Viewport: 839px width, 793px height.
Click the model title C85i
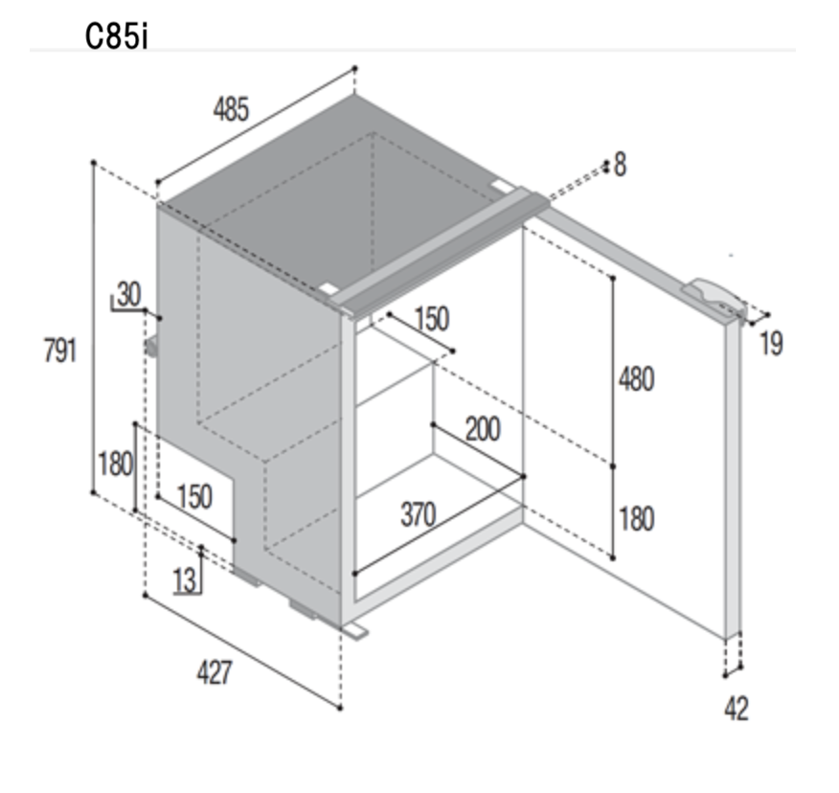116,37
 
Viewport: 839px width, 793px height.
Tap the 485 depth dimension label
231,110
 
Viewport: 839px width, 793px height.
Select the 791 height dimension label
60,351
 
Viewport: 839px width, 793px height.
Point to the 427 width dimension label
215,673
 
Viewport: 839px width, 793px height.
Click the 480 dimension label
636,380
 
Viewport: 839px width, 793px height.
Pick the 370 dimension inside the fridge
418,514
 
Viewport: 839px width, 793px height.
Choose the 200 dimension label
483,429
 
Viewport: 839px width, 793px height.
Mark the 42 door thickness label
737,710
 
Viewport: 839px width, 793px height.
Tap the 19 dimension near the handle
771,344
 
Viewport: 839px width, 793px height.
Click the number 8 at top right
621,165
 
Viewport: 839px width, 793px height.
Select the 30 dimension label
129,294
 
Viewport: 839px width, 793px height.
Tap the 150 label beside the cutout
194,496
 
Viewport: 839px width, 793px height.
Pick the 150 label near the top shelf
432,319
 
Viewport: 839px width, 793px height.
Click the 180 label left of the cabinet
115,464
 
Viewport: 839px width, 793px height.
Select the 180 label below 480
636,519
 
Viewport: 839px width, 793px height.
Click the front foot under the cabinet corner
354,630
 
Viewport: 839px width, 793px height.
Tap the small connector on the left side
151,346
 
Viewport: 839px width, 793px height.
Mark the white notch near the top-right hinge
501,186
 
